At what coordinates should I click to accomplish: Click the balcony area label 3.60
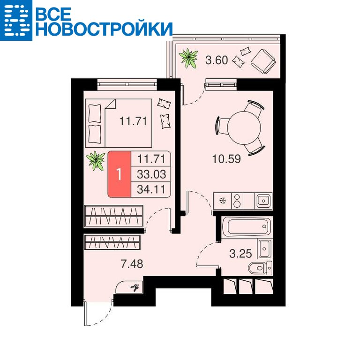pos(216,60)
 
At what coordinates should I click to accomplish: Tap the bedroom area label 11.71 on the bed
pos(133,121)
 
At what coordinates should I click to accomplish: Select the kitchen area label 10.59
pos(226,158)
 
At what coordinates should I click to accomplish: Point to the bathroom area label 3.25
pos(240,254)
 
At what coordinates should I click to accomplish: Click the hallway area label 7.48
pos(132,264)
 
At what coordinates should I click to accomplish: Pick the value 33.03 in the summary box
pos(151,174)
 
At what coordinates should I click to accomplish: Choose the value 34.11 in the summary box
pos(151,189)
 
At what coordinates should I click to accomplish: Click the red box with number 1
pos(120,174)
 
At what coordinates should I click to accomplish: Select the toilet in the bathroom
pos(260,268)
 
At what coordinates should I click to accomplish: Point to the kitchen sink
pos(263,201)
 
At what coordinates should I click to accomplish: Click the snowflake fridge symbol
pos(223,201)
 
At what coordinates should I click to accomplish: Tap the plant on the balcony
pos(188,58)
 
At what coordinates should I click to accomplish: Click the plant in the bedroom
pos(96,161)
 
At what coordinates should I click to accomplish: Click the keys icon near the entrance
pos(135,288)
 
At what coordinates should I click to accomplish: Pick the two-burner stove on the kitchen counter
pos(237,201)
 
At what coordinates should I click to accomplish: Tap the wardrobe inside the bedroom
pos(113,217)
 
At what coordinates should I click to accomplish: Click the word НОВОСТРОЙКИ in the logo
pos(104,29)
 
